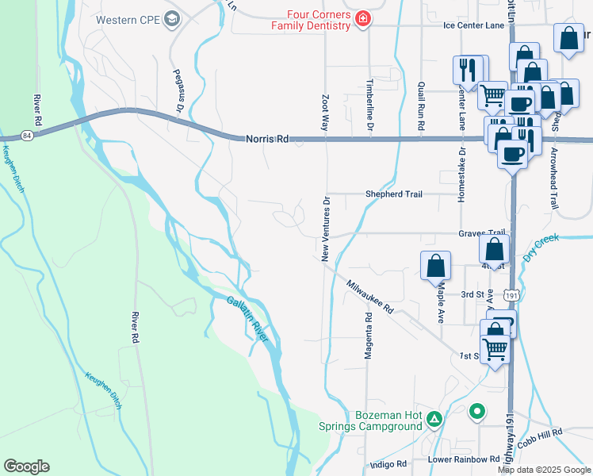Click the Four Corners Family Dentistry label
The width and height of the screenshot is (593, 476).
click(311, 19)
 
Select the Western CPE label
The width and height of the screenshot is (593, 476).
click(127, 20)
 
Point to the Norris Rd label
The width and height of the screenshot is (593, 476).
click(266, 140)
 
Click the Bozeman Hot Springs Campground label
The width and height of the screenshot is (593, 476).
click(370, 420)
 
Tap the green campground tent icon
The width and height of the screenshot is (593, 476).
click(434, 418)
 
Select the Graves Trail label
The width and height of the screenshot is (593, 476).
click(481, 233)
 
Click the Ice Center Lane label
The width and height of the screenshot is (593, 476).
click(473, 26)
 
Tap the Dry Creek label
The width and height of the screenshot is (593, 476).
click(541, 247)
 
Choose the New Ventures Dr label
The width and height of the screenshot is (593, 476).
click(325, 229)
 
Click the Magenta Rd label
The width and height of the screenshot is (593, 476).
click(369, 336)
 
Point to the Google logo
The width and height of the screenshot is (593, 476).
click(27, 466)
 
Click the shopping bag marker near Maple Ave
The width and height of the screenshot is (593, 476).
click(436, 265)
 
